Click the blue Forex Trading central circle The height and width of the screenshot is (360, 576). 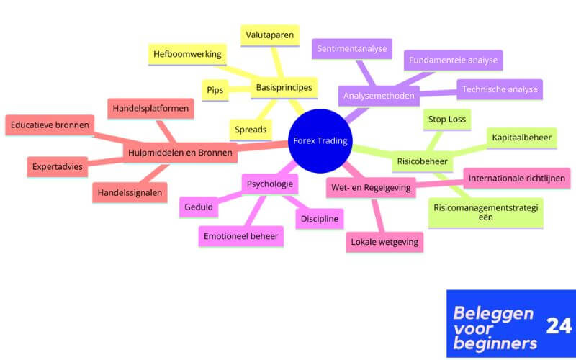pyautogui.click(x=320, y=140)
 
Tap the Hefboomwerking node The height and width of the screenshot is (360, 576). pyautogui.click(x=186, y=55)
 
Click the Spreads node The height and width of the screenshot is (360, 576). pyautogui.click(x=250, y=130)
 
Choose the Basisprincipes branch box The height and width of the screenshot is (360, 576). pyautogui.click(x=284, y=89)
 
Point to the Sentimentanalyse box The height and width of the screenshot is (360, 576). pyautogui.click(x=352, y=50)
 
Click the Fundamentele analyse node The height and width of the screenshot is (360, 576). pyautogui.click(x=453, y=60)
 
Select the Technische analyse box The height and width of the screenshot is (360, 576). pyautogui.click(x=499, y=90)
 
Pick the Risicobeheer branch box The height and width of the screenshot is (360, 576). pyautogui.click(x=421, y=161)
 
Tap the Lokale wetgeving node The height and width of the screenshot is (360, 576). pyautogui.click(x=384, y=242)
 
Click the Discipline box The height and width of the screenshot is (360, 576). pyautogui.click(x=319, y=218)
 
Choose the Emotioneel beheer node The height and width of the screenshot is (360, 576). pyautogui.click(x=240, y=235)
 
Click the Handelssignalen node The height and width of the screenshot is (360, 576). pyautogui.click(x=130, y=192)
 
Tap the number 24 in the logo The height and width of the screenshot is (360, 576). pyautogui.click(x=559, y=326)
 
